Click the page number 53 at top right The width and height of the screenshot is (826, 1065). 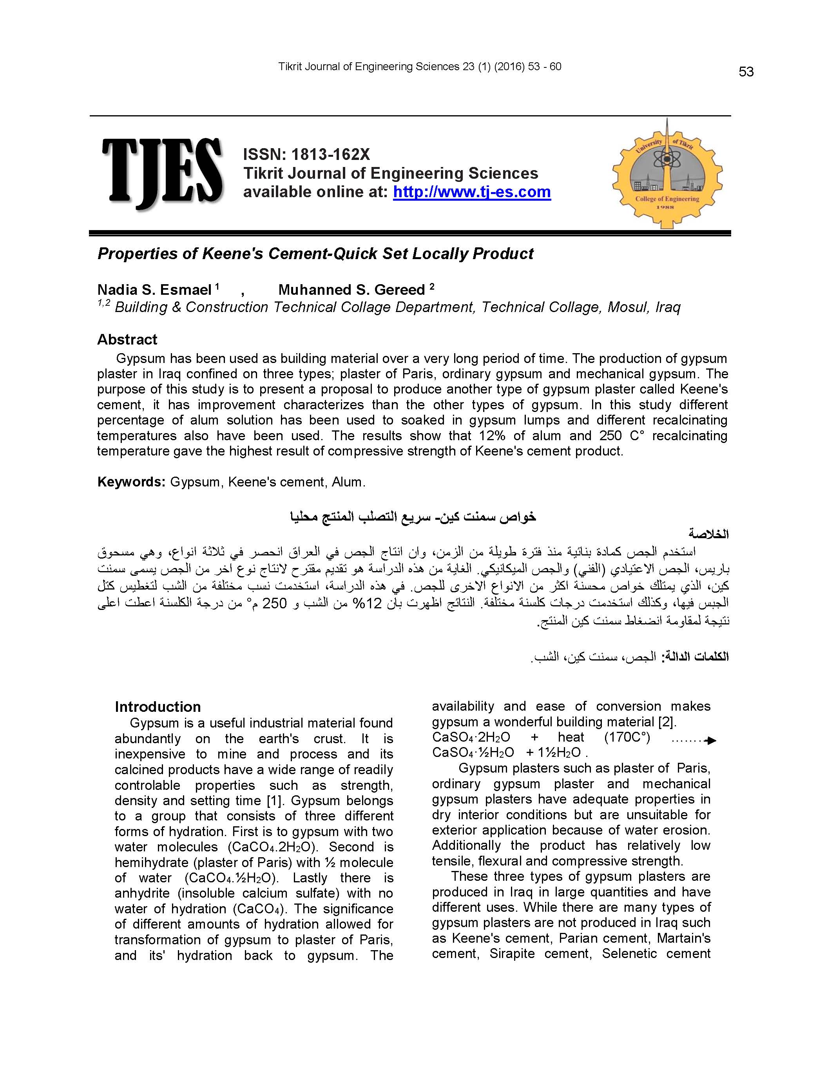[746, 72]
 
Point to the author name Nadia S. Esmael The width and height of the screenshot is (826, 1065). [154, 290]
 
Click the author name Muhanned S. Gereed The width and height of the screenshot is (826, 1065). [351, 290]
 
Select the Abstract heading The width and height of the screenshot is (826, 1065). [127, 339]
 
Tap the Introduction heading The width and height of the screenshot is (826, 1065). [158, 707]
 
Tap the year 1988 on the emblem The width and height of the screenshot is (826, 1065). [666, 207]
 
